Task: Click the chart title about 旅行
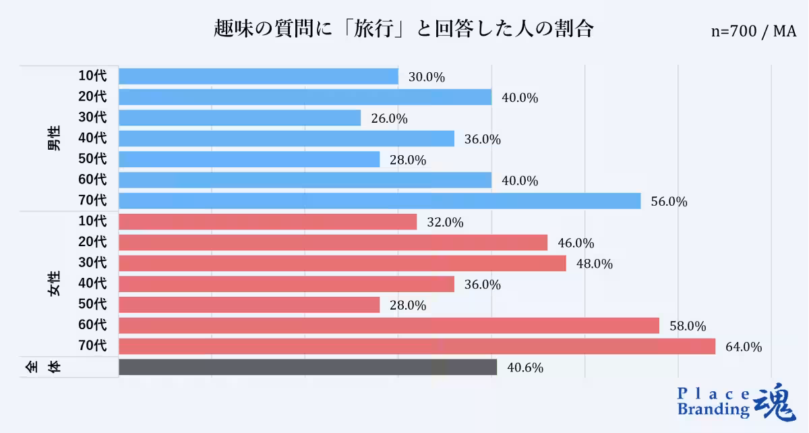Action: tap(403, 29)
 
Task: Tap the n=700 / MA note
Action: tap(753, 32)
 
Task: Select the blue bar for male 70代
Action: tap(380, 201)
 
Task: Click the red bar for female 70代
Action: tap(417, 346)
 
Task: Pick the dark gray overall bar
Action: tap(307, 367)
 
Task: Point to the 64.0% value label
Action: tap(744, 347)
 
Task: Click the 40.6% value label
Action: tap(525, 368)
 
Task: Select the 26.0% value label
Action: tap(389, 119)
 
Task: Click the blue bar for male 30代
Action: tap(239, 118)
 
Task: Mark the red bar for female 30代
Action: tap(342, 263)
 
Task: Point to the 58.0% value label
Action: tap(688, 326)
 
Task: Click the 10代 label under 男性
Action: tap(92, 76)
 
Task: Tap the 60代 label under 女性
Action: tap(92, 325)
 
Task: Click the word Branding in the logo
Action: tap(713, 409)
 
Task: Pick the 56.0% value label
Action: tap(669, 202)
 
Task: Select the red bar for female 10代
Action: tap(268, 222)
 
